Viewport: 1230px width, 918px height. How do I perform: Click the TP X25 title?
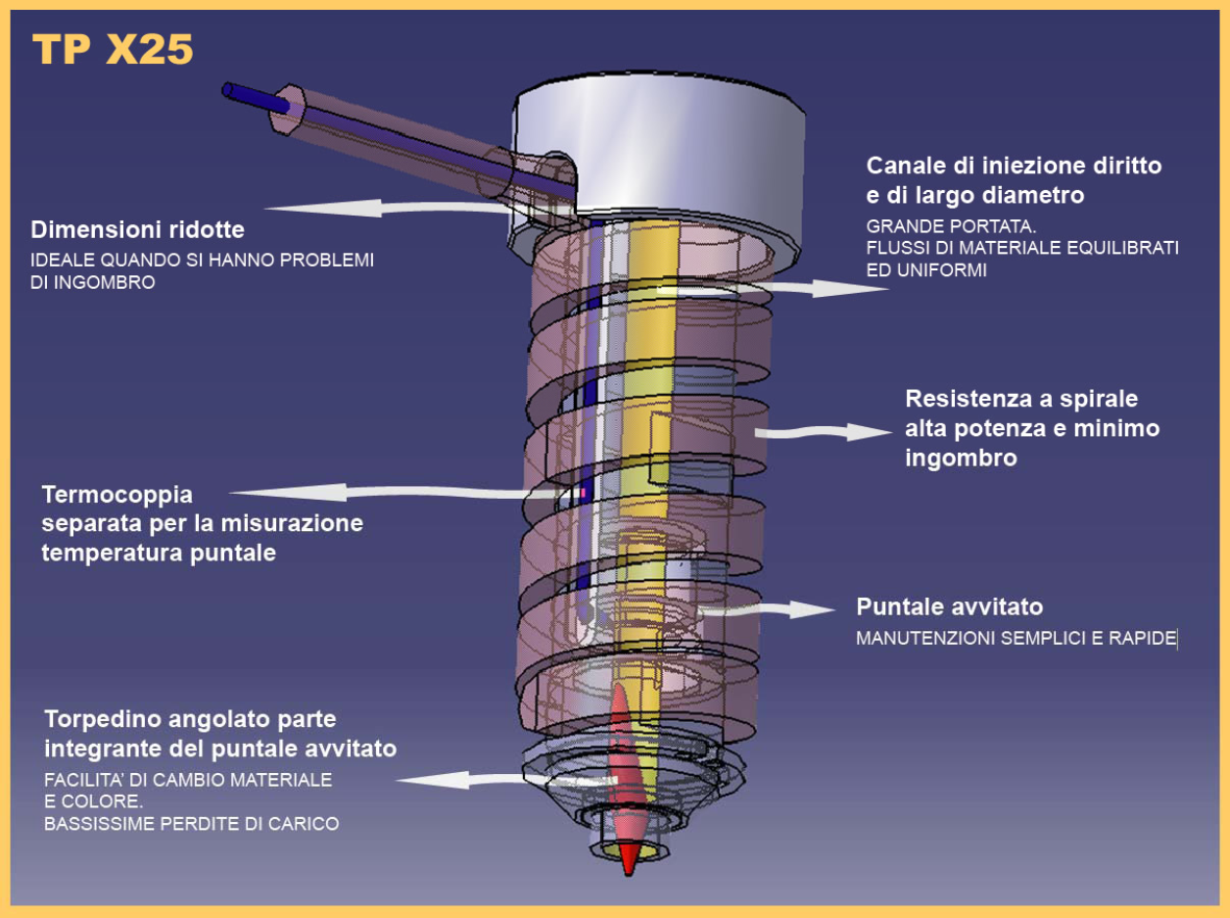(x=113, y=49)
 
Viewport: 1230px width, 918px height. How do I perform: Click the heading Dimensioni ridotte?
(x=137, y=230)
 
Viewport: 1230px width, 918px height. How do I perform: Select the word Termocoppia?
(x=118, y=496)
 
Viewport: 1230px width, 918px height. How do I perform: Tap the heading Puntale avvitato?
(x=949, y=607)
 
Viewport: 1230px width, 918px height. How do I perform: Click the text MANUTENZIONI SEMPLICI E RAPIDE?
(x=1016, y=639)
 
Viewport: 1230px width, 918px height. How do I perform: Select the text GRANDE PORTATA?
(x=951, y=226)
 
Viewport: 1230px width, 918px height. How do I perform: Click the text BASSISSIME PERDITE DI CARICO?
(x=192, y=824)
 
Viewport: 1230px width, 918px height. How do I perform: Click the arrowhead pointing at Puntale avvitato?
(x=813, y=609)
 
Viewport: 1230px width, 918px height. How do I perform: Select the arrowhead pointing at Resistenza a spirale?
(x=869, y=432)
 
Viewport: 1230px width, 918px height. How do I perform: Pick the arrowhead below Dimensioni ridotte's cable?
(x=324, y=208)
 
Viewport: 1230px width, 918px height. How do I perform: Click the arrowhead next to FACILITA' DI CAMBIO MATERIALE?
(x=433, y=780)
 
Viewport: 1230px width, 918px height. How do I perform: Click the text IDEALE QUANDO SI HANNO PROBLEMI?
(x=203, y=260)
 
